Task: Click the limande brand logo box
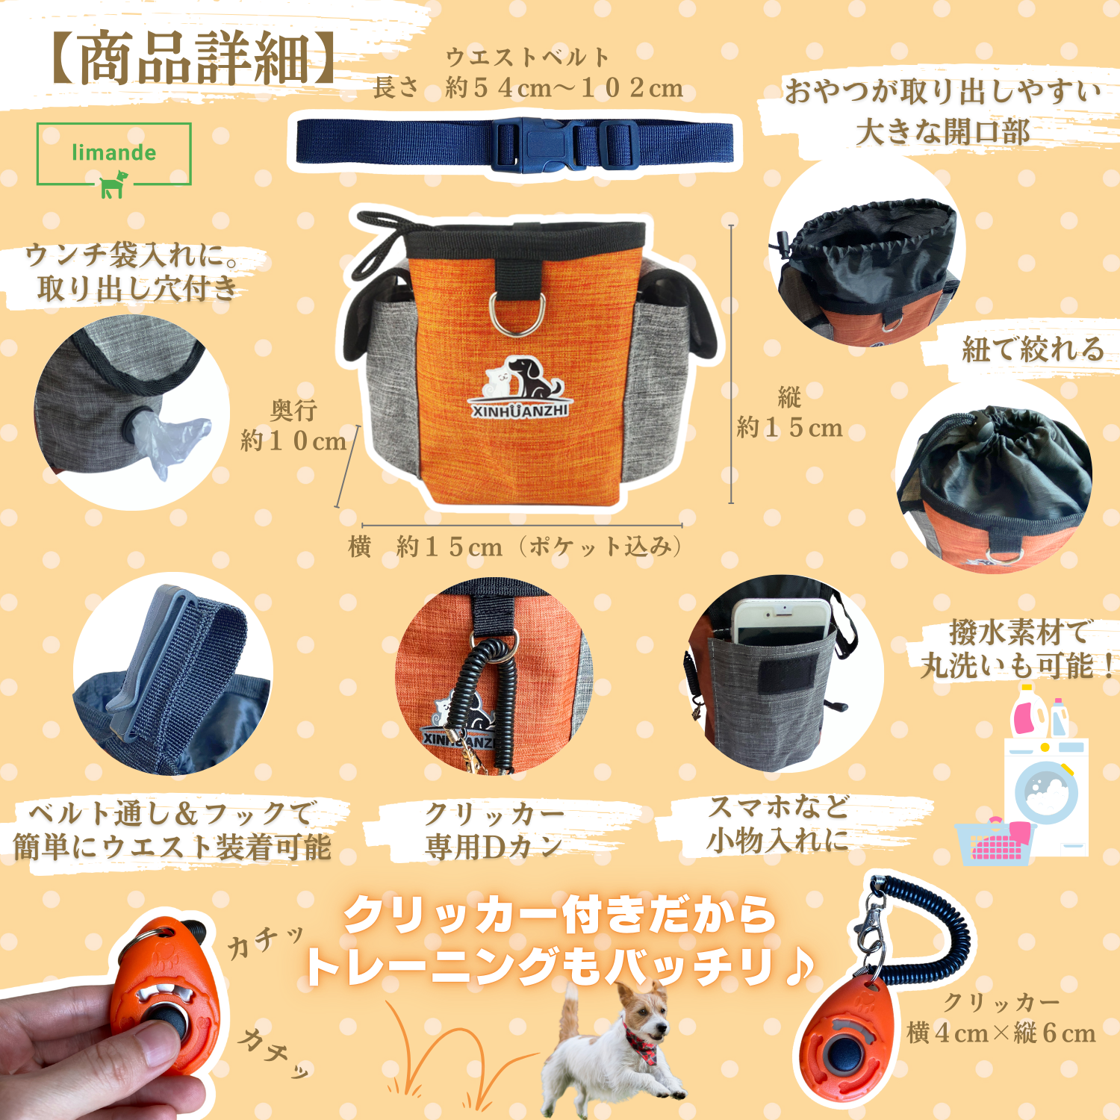[x=114, y=154]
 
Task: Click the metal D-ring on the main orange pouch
[x=517, y=315]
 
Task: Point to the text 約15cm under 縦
[x=789, y=428]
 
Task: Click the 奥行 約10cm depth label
[x=293, y=426]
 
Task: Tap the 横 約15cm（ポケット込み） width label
[x=515, y=547]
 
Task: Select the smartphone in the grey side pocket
[x=781, y=620]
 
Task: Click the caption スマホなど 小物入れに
[x=778, y=824]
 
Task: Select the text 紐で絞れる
[x=1033, y=349]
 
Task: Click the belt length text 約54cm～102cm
[x=564, y=88]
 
